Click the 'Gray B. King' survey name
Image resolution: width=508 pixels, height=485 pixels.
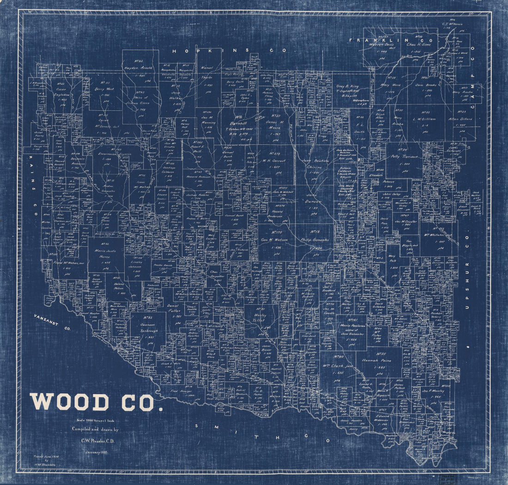click(347, 86)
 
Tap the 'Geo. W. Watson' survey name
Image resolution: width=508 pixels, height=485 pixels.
click(274, 240)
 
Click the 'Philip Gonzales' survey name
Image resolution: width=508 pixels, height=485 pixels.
click(314, 240)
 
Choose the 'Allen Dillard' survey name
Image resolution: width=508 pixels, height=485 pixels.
click(467, 119)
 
